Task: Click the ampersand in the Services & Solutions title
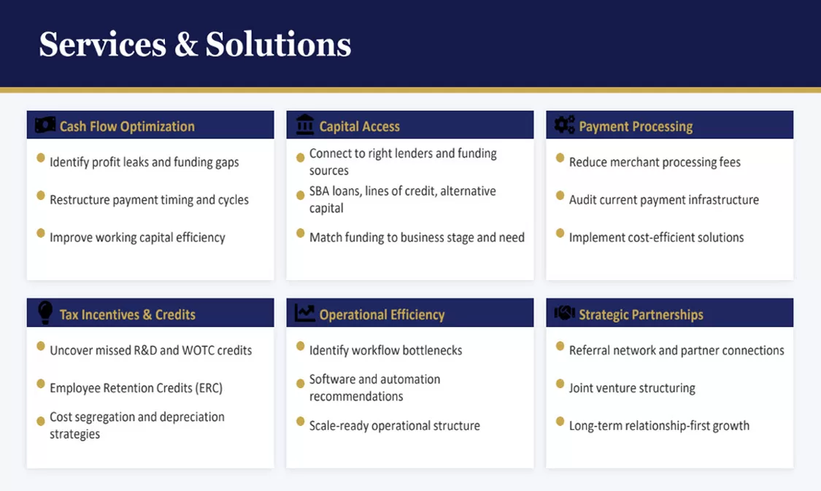pyautogui.click(x=186, y=45)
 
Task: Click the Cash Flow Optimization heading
pyautogui.click(x=127, y=127)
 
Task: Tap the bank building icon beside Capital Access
pyautogui.click(x=305, y=125)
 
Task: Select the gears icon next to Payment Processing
pyautogui.click(x=564, y=125)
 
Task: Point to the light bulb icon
pyautogui.click(x=45, y=312)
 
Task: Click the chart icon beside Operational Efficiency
pyautogui.click(x=305, y=313)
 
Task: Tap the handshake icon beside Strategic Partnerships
pyautogui.click(x=564, y=313)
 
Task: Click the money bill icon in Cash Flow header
pyautogui.click(x=45, y=125)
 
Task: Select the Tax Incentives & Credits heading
pyautogui.click(x=127, y=314)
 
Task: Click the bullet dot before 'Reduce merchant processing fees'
pyautogui.click(x=560, y=158)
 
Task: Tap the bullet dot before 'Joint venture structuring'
pyautogui.click(x=560, y=384)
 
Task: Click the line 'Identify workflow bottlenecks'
pyautogui.click(x=386, y=351)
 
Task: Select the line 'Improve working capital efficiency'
pyautogui.click(x=137, y=238)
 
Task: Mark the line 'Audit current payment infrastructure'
pyautogui.click(x=664, y=200)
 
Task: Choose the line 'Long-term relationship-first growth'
pyautogui.click(x=659, y=426)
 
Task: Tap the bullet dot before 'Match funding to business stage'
pyautogui.click(x=300, y=233)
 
